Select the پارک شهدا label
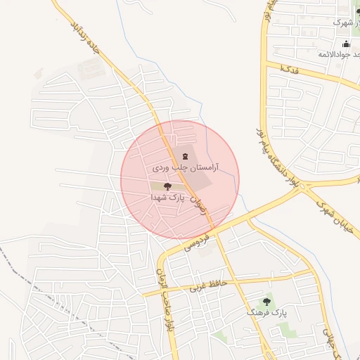pyautogui.click(x=167, y=198)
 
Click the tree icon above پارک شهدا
pyautogui.click(x=167, y=186)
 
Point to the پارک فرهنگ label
pyautogui.click(x=267, y=311)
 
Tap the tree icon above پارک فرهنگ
pyautogui.click(x=266, y=300)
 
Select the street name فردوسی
pyautogui.click(x=198, y=240)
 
